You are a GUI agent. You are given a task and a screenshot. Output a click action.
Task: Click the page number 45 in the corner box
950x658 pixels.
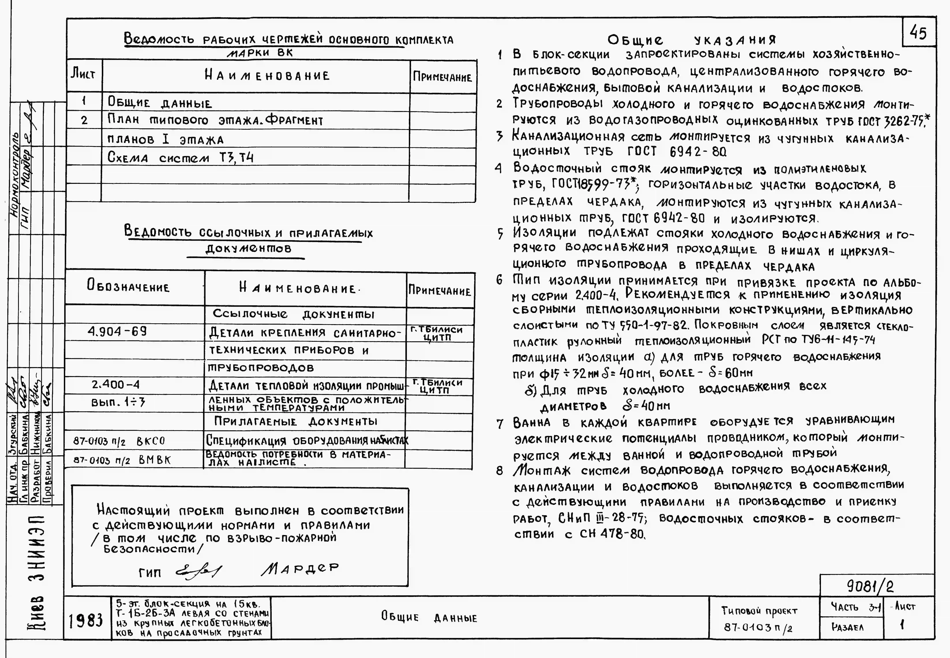click(x=918, y=32)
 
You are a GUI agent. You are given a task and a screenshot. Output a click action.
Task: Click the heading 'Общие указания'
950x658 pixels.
click(x=691, y=40)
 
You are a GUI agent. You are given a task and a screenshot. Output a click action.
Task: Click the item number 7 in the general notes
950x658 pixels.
click(x=500, y=423)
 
